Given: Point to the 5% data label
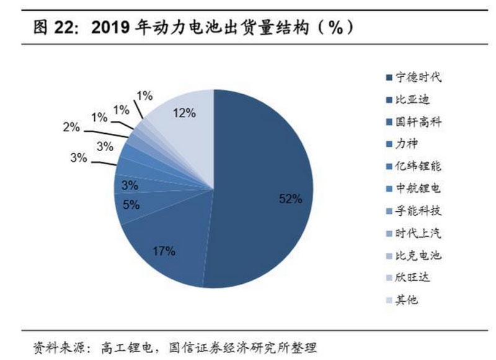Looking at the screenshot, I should pyautogui.click(x=131, y=204).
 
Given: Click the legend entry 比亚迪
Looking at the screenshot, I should pyautogui.click(x=412, y=100).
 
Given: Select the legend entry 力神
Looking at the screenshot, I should pyautogui.click(x=407, y=144).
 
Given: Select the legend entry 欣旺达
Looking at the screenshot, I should pyautogui.click(x=412, y=278).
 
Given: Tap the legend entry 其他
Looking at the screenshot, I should pyautogui.click(x=407, y=300).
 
